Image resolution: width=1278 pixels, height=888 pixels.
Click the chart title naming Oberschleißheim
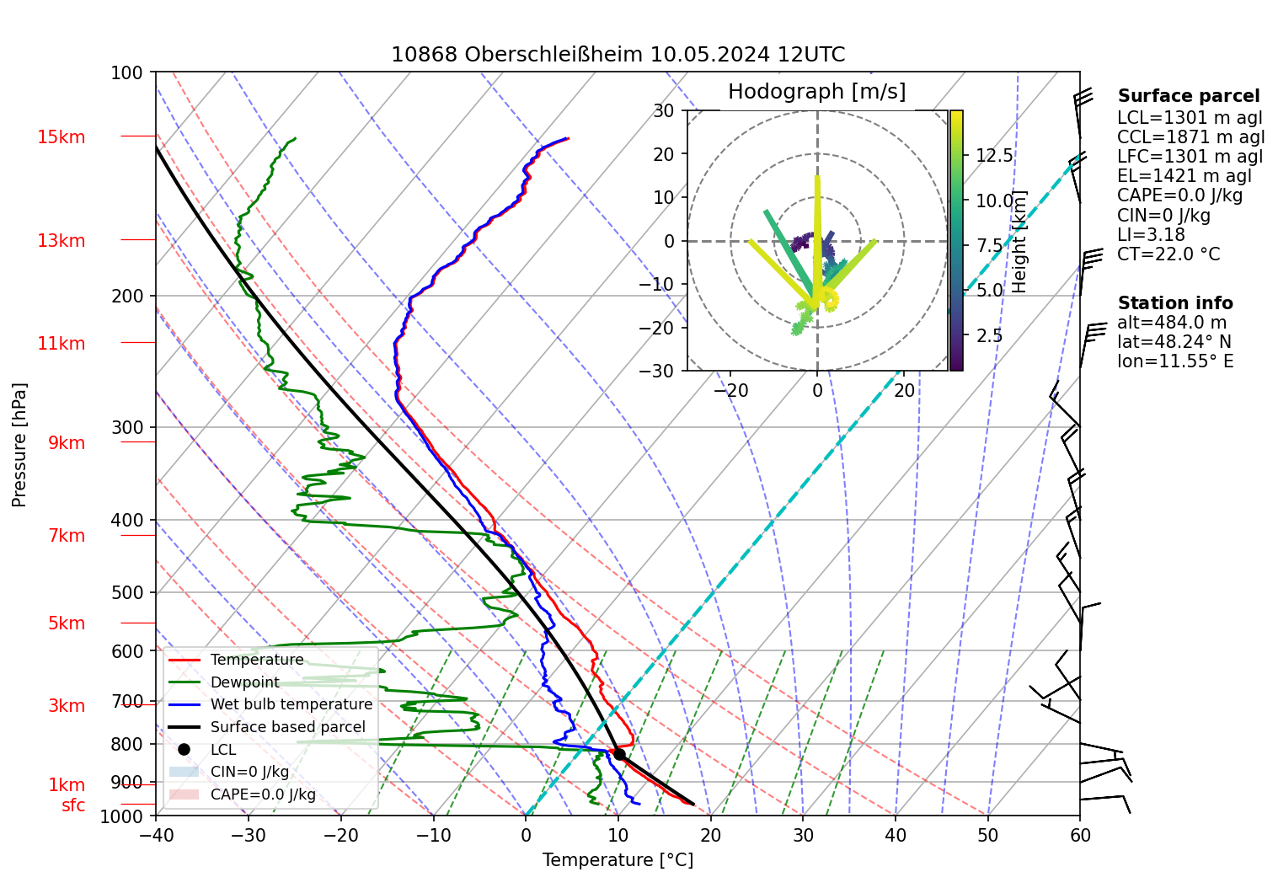coord(618,55)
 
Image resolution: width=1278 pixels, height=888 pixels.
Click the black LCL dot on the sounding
coord(619,754)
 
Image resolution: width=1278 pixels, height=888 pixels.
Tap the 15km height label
coord(61,137)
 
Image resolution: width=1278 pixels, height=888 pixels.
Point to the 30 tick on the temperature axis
coord(803,835)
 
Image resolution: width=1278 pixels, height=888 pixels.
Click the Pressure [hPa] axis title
coord(19,445)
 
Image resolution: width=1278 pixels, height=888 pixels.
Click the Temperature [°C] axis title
coord(618,860)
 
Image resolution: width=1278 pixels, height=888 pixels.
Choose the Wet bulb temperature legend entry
coord(291,704)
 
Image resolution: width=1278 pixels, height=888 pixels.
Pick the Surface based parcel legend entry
coord(287,727)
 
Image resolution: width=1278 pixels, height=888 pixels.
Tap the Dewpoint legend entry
coord(244,682)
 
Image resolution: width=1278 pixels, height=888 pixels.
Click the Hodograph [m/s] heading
coord(816,92)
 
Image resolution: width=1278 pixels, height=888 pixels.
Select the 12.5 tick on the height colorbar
coord(994,156)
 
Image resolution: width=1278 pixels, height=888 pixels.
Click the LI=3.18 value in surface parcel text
coord(1151,235)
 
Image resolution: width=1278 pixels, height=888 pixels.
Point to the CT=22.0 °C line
coord(1168,254)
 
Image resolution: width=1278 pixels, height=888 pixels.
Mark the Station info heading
coord(1174,303)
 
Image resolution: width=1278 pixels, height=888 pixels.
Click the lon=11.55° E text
coord(1175,361)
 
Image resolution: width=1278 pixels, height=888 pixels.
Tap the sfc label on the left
coord(73,805)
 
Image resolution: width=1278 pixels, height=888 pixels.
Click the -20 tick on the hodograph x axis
coord(730,390)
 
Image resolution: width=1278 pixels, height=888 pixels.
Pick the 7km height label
coord(67,536)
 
